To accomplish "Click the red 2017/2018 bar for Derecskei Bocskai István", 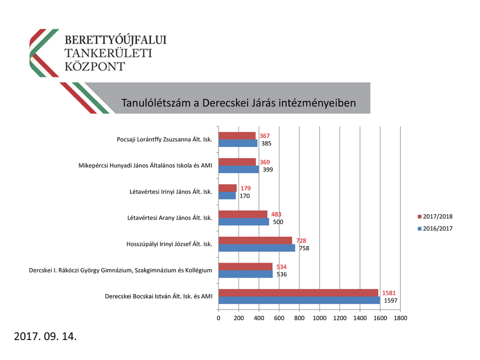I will click(298, 292).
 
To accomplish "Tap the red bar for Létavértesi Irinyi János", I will click(227, 188).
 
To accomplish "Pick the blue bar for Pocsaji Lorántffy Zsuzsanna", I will click(238, 143).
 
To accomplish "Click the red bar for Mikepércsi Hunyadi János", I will click(237, 162).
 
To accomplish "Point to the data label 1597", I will click(391, 300).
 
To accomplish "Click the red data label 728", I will click(301, 240).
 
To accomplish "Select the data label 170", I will click(245, 195).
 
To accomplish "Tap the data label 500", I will click(278, 221).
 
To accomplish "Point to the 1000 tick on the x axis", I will click(319, 318).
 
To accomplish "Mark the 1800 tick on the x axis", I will click(400, 318).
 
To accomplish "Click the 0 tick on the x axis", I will click(218, 318).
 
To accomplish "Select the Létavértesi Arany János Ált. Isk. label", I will click(170, 217).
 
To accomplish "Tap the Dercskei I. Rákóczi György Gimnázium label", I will click(120, 270).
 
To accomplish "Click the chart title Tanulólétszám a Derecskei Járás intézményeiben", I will click(238, 103).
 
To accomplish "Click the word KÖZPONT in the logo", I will click(95, 66).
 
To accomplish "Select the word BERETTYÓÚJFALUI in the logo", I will click(116, 39).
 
